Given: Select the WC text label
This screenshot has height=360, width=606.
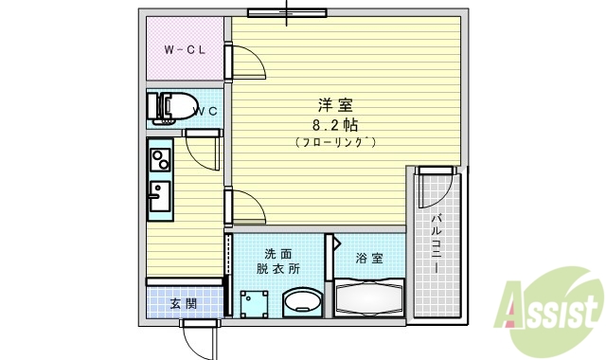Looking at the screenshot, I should coord(206,112).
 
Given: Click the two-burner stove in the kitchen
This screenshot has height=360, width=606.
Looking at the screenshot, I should coord(159,159).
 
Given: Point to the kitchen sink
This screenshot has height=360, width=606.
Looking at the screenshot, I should coord(159,197).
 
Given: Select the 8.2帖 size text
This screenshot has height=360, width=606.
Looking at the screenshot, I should coord(335,124).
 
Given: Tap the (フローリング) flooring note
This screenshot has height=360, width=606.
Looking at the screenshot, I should coord(335,142).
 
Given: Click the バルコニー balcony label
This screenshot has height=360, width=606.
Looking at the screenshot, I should coord(437,244).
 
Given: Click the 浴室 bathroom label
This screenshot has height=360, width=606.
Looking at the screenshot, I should coord(369,258).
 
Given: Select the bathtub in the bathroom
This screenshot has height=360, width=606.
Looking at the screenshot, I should coord(369,299).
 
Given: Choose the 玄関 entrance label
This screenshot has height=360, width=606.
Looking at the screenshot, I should coord(184,304).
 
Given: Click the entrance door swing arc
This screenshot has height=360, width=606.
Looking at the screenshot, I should coord(201,338).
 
